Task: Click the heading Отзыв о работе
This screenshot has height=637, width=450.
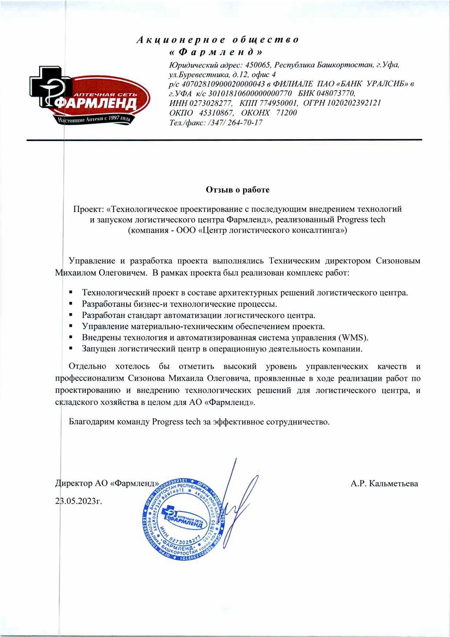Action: (237, 189)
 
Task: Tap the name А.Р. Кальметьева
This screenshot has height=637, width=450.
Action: (384, 483)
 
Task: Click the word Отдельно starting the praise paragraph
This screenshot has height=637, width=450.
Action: (87, 366)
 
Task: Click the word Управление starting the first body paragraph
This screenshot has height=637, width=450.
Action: (92, 261)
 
